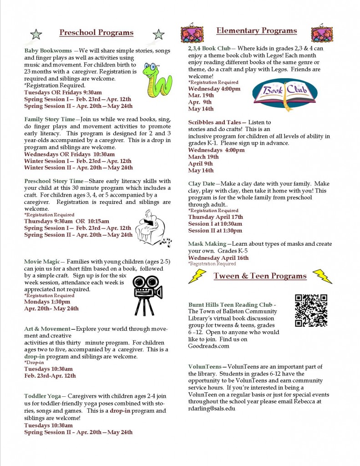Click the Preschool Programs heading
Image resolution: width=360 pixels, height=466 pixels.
pos(96,33)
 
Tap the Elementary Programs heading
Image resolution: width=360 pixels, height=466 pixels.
pos(256,31)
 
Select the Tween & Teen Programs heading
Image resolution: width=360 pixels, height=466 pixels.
pos(260,276)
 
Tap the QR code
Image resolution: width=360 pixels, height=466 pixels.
pos(311,310)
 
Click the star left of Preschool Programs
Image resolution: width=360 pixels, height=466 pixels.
pos(36,34)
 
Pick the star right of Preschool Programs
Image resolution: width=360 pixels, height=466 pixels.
pos(158,34)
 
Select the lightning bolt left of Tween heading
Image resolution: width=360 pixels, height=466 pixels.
pos(197,276)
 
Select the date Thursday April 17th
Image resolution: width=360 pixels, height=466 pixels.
pos(215,217)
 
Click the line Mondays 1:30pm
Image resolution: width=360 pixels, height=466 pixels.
pos(47,302)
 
